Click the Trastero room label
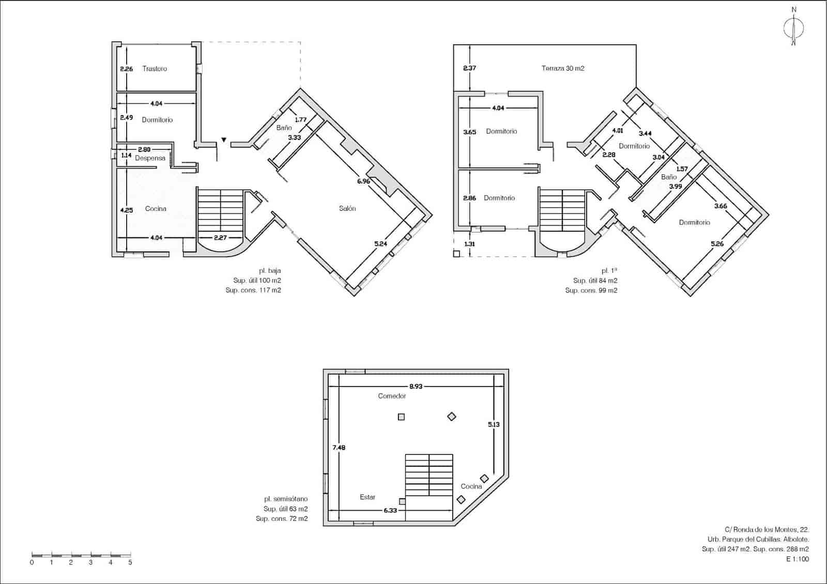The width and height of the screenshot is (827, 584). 155,69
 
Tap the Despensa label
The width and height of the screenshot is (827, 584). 150,158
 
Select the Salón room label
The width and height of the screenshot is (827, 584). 347,208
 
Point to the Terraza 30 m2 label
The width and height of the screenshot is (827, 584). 563,68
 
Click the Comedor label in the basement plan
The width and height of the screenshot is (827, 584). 392,396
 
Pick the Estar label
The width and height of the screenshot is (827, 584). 367,497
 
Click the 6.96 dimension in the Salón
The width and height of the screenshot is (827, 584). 363,181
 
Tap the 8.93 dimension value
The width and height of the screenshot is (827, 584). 416,386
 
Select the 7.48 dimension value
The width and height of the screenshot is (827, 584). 339,448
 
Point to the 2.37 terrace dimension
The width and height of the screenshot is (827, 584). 469,68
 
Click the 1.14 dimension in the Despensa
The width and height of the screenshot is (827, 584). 126,155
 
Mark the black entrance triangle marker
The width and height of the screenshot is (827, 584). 224,140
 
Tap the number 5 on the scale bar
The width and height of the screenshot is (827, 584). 130,563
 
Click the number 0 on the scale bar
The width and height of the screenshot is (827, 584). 32,563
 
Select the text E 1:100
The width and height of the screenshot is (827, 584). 798,559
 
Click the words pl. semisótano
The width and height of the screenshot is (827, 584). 286,499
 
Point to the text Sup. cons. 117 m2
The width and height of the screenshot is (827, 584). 253,290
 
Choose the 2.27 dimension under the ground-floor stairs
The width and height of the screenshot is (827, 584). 220,238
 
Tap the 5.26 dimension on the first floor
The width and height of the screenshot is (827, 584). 717,243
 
